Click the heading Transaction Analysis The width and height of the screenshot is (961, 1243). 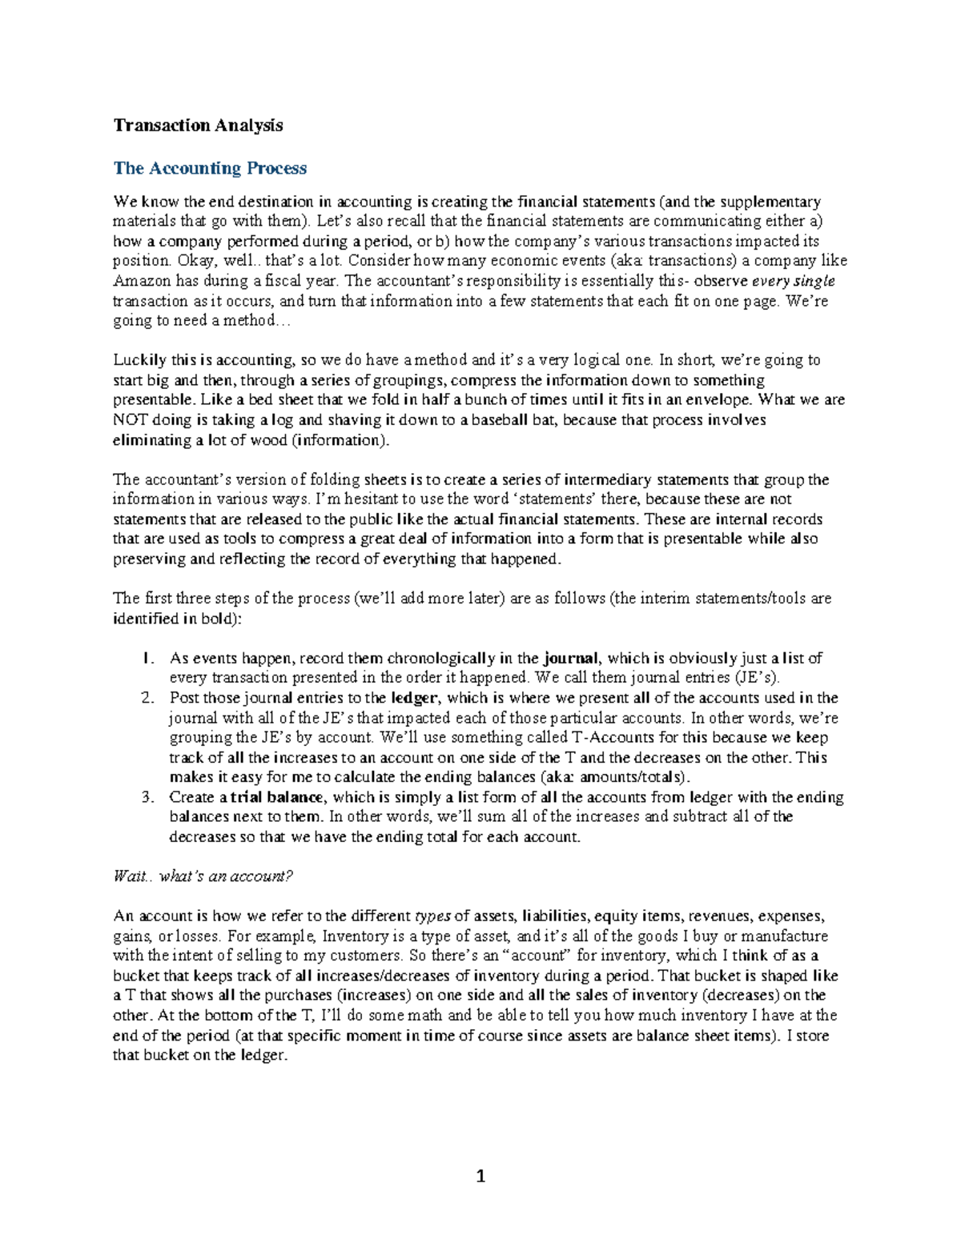click(198, 125)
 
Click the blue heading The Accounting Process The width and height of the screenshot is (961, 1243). click(210, 168)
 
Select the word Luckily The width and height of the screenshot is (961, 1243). click(139, 360)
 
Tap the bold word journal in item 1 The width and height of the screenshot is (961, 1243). click(571, 659)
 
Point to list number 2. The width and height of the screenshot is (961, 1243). click(147, 698)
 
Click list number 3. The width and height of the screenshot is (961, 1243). click(147, 797)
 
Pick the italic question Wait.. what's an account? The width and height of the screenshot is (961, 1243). click(203, 876)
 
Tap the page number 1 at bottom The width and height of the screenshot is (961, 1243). click(480, 1177)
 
